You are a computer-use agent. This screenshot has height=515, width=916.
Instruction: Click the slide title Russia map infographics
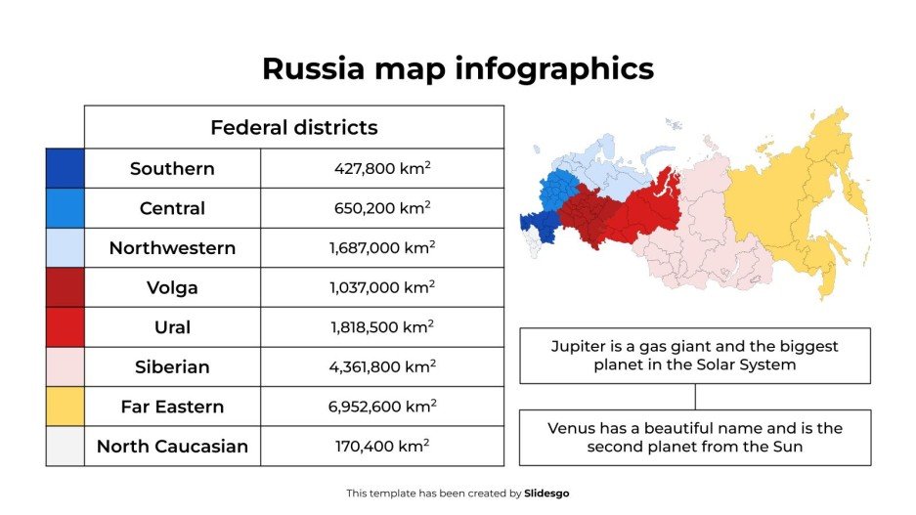(x=458, y=68)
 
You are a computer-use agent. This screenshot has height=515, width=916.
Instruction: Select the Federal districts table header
(x=293, y=127)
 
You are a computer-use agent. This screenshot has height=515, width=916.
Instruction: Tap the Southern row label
(x=172, y=168)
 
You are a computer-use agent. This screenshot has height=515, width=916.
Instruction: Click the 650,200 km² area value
(x=382, y=208)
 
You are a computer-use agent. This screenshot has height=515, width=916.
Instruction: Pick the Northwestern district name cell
(x=172, y=248)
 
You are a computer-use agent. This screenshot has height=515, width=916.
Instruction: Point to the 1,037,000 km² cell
(x=382, y=287)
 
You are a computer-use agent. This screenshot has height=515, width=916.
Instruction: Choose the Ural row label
(x=172, y=327)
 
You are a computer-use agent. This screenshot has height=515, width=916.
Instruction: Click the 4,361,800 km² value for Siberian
(x=382, y=367)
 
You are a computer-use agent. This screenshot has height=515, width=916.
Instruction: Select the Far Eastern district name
(x=172, y=407)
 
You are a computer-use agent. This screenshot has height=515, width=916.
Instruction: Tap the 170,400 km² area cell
(x=382, y=447)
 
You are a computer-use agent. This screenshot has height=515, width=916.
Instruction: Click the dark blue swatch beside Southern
(x=65, y=168)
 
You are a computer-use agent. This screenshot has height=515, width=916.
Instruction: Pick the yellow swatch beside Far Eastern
(x=65, y=407)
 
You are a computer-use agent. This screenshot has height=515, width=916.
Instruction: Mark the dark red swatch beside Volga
(x=65, y=287)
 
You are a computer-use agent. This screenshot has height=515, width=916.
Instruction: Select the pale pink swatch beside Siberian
(x=65, y=367)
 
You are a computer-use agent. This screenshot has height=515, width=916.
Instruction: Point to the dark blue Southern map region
(x=538, y=223)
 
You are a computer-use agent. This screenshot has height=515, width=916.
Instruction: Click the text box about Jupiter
(x=694, y=356)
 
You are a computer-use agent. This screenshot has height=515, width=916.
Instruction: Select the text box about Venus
(x=694, y=438)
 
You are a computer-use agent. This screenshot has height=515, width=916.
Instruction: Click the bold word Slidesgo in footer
(x=546, y=494)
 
